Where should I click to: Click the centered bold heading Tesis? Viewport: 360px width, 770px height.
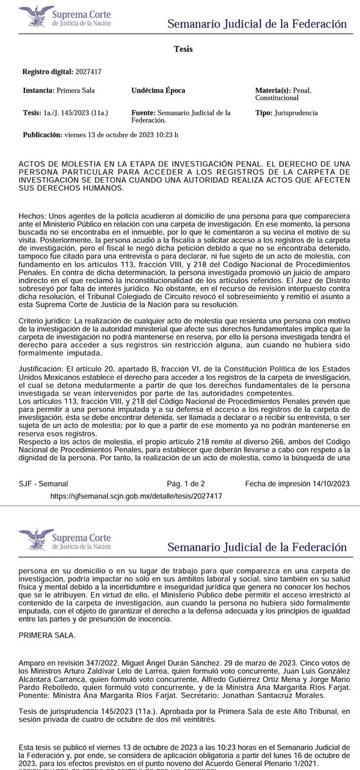pos(181,49)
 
